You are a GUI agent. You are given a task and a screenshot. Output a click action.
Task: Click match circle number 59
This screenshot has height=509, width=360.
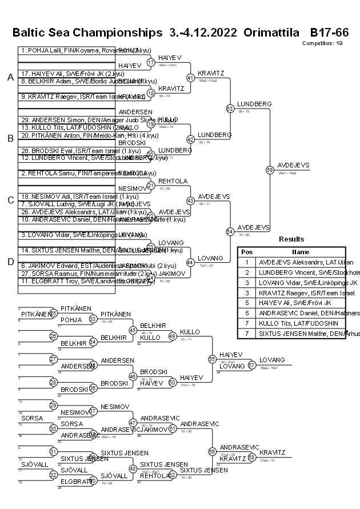(x=270, y=170)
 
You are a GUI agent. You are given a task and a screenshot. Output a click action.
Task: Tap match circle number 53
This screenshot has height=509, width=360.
(x=230, y=109)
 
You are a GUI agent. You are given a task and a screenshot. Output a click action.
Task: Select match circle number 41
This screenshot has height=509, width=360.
(x=190, y=78)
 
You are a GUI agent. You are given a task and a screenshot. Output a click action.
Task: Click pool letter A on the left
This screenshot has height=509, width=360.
(x=10, y=78)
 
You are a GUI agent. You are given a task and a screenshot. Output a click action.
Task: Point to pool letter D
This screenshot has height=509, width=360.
(x=10, y=261)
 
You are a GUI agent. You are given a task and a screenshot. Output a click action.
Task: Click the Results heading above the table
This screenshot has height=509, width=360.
(x=291, y=239)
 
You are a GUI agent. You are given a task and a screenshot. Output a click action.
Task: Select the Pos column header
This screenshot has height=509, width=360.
(x=247, y=251)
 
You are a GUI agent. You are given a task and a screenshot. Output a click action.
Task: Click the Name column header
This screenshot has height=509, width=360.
(x=301, y=251)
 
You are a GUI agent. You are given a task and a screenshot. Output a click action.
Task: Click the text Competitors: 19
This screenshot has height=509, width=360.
(x=322, y=43)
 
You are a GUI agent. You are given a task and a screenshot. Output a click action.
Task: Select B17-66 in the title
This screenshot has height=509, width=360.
(x=329, y=32)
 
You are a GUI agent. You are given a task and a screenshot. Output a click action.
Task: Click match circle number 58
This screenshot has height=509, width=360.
(x=251, y=458)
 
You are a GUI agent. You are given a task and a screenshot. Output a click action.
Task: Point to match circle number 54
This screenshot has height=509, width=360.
(x=230, y=231)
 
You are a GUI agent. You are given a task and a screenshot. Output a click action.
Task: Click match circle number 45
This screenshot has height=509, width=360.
(x=133, y=330)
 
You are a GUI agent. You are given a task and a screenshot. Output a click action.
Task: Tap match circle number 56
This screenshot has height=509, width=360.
(x=212, y=451)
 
